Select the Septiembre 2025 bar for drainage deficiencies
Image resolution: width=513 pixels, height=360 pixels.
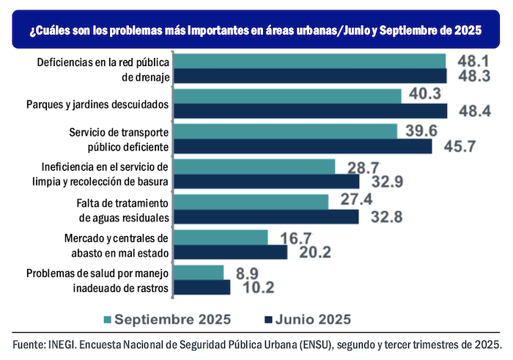pyautogui.click(x=309, y=61)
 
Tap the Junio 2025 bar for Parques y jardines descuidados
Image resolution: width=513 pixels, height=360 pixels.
pyautogui.click(x=310, y=111)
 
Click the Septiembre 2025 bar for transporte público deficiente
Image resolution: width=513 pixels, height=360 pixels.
pyautogui.click(x=285, y=131)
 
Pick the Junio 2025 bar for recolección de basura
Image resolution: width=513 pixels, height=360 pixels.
pyautogui.click(x=267, y=180)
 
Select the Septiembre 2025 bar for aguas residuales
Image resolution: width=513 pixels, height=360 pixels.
pyautogui.click(x=251, y=202)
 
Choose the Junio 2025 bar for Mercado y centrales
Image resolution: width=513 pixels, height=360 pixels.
pyautogui.click(x=231, y=251)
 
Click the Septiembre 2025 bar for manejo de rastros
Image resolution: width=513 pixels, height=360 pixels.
pyautogui.click(x=199, y=272)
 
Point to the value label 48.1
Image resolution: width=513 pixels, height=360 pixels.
pyautogui.click(x=473, y=60)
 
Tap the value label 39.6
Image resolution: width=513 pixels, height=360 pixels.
pyautogui.click(x=423, y=131)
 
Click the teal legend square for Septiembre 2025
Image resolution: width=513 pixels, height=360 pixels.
pyautogui.click(x=108, y=319)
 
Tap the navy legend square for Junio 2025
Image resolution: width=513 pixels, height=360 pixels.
pyautogui.click(x=267, y=319)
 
